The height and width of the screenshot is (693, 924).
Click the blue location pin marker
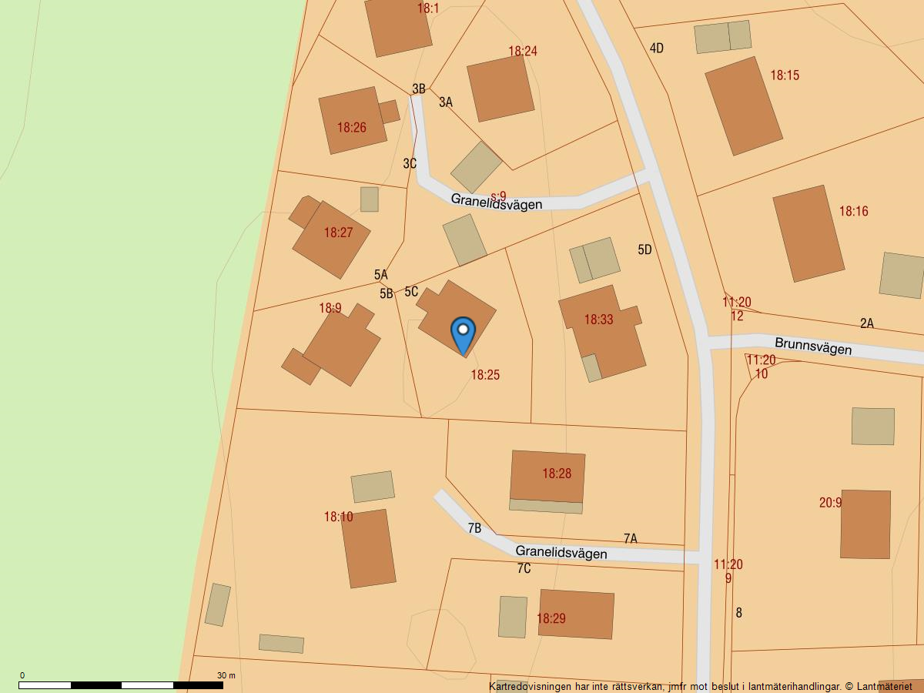tap(463, 333)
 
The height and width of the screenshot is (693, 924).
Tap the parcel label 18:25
tap(485, 375)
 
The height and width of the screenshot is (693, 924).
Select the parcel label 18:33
tap(598, 320)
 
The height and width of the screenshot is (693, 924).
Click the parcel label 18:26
tap(352, 128)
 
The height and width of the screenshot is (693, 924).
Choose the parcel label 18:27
tap(338, 233)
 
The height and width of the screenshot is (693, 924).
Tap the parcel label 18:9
tap(330, 308)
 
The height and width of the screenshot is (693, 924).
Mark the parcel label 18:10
tap(338, 517)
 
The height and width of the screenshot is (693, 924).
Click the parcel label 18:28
tap(557, 474)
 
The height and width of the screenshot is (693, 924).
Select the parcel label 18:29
tap(551, 618)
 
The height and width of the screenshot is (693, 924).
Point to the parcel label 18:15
tap(785, 75)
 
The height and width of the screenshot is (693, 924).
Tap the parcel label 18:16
tap(853, 211)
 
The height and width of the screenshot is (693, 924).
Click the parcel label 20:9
tap(830, 503)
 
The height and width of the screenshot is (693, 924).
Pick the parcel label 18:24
tap(523, 52)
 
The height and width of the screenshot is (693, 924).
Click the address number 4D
tap(657, 49)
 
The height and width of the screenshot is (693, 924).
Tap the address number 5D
tap(644, 249)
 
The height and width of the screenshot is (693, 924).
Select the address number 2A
tap(867, 323)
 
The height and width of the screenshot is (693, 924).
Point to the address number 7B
tap(474, 528)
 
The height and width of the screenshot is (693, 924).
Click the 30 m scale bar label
tap(226, 675)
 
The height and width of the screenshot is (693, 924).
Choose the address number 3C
tap(410, 163)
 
